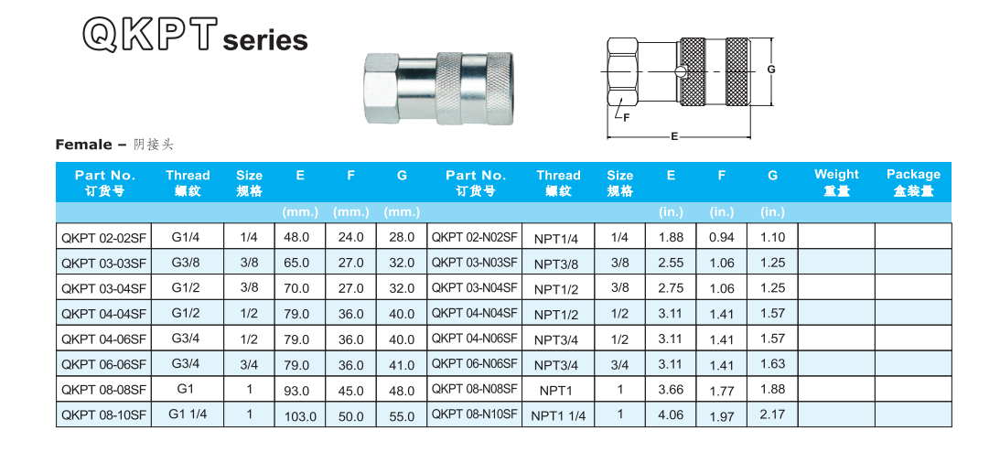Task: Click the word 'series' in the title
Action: pyautogui.click(x=264, y=40)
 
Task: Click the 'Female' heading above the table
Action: pyautogui.click(x=84, y=145)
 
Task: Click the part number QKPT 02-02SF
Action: pyautogui.click(x=103, y=237)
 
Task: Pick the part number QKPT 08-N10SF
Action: pyautogui.click(x=474, y=414)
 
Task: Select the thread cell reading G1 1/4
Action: pyautogui.click(x=188, y=414)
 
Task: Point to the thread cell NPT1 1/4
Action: pyautogui.click(x=558, y=414)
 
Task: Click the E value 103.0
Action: pyautogui.click(x=300, y=415)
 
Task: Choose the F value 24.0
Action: pyautogui.click(x=350, y=237)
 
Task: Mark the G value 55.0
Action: pyautogui.click(x=402, y=415)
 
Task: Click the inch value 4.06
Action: pyautogui.click(x=671, y=414)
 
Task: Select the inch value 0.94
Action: pyautogui.click(x=722, y=237)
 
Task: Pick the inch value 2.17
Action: pyautogui.click(x=772, y=414)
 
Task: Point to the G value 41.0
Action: pyautogui.click(x=402, y=364)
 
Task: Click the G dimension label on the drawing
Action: pyautogui.click(x=771, y=70)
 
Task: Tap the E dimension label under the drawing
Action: pyautogui.click(x=674, y=136)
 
